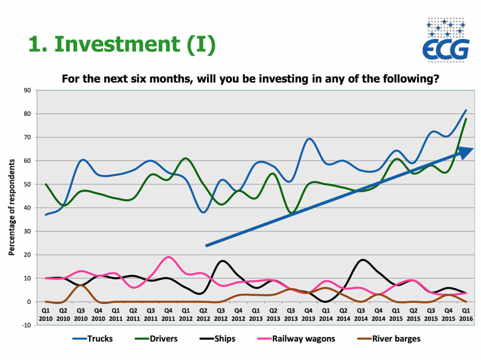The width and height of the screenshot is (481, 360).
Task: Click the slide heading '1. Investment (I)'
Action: click(122, 45)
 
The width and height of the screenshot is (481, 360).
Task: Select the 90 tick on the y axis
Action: click(27, 90)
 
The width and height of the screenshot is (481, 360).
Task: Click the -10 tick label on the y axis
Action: click(25, 325)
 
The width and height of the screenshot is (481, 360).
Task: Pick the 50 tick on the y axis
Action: click(27, 184)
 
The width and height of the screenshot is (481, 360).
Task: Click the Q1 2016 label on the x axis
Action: click(465, 315)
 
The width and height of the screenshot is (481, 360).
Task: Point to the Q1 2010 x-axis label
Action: click(45, 315)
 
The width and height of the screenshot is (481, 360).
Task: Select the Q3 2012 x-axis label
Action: click(220, 315)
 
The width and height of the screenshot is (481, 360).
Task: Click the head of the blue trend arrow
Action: click(466, 152)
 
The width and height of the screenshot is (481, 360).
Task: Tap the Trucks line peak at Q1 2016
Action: click(466, 110)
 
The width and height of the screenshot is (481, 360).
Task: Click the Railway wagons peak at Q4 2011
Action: click(169, 257)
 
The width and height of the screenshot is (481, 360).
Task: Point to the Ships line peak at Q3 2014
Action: click(362, 260)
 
